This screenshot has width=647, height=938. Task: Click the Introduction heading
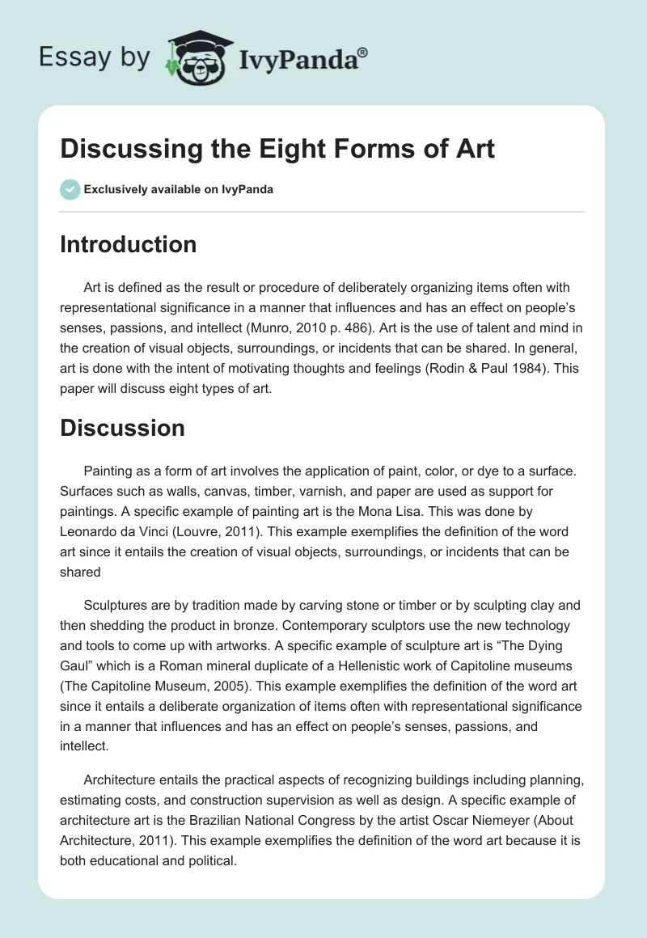click(128, 244)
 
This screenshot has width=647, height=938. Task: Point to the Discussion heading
click(122, 428)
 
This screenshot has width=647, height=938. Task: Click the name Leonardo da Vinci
click(116, 531)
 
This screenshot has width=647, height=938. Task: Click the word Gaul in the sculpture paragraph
click(78, 665)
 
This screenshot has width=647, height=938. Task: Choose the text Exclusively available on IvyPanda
click(179, 190)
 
